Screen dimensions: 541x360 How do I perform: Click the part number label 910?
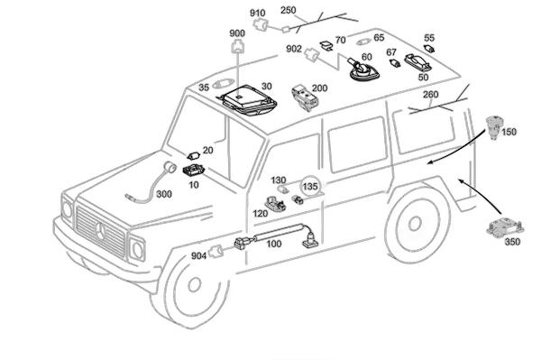click(x=257, y=14)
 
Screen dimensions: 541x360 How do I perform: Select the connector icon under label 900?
click(x=237, y=46)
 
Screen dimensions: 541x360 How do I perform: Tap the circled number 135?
click(x=310, y=187)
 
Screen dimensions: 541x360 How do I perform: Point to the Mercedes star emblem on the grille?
click(x=100, y=231)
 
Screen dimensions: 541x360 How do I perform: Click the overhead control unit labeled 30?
click(x=249, y=99)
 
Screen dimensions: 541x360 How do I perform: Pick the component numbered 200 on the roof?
click(x=305, y=97)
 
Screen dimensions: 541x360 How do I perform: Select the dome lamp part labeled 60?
click(x=363, y=70)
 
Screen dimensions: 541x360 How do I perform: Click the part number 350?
click(x=512, y=242)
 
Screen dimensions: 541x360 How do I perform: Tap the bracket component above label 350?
click(x=505, y=227)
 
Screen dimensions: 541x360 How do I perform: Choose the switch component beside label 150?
click(x=494, y=127)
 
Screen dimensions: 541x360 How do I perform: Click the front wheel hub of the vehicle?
click(x=194, y=284)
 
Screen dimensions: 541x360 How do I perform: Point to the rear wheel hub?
click(x=415, y=224)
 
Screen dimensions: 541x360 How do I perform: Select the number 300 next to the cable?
click(x=164, y=194)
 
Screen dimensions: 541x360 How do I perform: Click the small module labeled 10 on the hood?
click(x=194, y=171)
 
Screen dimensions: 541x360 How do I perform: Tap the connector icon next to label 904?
click(x=216, y=251)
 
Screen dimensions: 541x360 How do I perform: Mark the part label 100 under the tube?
click(x=273, y=244)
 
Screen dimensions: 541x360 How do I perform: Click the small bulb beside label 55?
click(x=429, y=49)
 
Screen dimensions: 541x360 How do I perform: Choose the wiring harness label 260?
click(x=430, y=94)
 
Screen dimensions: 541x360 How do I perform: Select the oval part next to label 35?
click(x=223, y=83)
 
